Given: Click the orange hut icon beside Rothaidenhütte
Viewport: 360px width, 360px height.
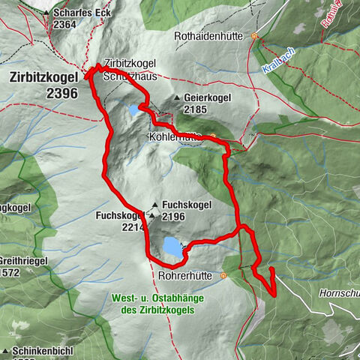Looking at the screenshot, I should click(x=254, y=35).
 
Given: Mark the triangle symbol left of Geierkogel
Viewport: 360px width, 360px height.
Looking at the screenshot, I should click(x=176, y=98).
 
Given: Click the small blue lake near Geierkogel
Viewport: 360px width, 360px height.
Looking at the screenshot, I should click(x=133, y=110).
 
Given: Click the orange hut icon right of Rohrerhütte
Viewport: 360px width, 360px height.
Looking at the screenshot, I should click(x=223, y=276).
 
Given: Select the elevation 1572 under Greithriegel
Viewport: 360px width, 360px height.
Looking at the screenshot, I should click(x=13, y=272).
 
